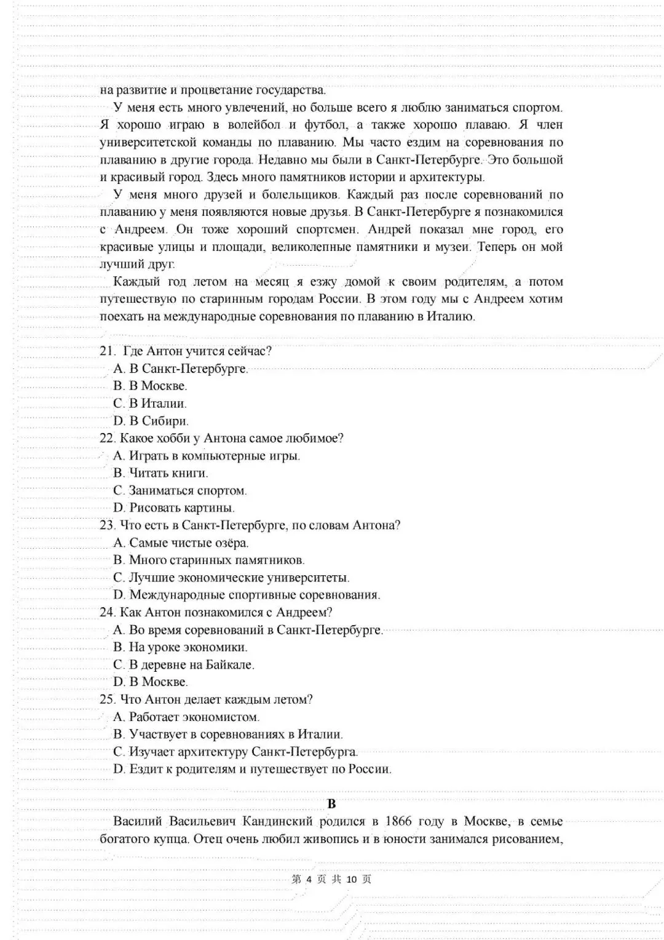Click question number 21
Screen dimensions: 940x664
click(x=108, y=351)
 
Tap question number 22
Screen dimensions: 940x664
click(x=108, y=439)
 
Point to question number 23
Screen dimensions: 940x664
click(x=108, y=525)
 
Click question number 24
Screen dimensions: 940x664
click(x=108, y=613)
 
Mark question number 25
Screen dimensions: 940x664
click(x=108, y=699)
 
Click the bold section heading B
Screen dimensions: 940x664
click(x=332, y=804)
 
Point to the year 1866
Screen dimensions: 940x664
click(x=399, y=822)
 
